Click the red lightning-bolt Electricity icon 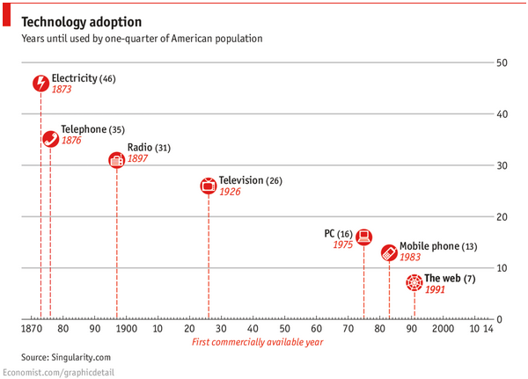(40, 84)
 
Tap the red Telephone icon (50, 138)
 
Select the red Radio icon (116, 159)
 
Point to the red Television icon (208, 186)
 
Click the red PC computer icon (363, 237)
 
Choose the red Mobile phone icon (389, 252)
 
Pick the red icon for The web (414, 282)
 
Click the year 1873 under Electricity (61, 90)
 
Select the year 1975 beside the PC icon (342, 245)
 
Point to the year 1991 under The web (435, 289)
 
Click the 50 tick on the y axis (501, 63)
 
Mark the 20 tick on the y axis (501, 216)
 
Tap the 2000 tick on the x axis (443, 329)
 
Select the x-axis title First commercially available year (258, 342)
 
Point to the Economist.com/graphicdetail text (58, 373)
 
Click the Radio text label (139, 148)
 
